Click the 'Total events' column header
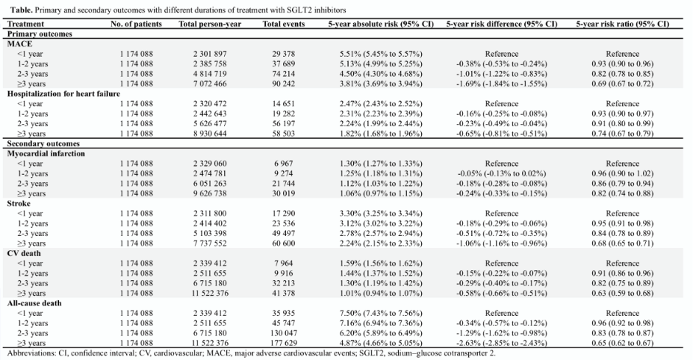(284, 24)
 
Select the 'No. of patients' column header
(136, 24)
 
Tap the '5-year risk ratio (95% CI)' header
(622, 24)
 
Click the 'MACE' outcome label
(20, 44)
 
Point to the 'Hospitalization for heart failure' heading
(63, 94)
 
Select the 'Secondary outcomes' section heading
(43, 144)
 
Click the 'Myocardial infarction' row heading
(46, 153)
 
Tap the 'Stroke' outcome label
(19, 204)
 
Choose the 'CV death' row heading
(24, 254)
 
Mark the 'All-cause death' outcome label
(35, 303)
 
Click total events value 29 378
(283, 54)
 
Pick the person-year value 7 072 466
(210, 83)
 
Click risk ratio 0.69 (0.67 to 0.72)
(622, 83)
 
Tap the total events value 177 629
(283, 343)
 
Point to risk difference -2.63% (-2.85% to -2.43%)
(501, 343)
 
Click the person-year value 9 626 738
(210, 193)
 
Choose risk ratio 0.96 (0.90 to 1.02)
(622, 173)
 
